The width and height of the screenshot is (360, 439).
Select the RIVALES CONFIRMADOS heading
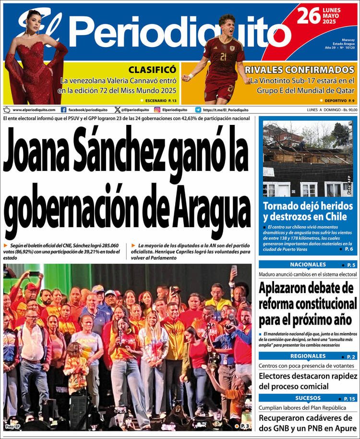pos(300,70)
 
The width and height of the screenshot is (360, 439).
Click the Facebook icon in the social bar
pos(64,110)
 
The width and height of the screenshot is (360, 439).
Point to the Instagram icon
pos(157,110)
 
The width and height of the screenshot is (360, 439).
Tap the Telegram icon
pos(198,110)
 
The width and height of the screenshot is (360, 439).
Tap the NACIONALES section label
pos(308,265)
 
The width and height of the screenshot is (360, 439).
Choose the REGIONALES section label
pos(308,356)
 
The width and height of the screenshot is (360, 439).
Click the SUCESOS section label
pos(308,398)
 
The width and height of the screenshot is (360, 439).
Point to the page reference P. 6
pos(349,249)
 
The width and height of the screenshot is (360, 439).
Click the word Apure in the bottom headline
pos(343,428)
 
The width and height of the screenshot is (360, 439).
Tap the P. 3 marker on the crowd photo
pos(244,426)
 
